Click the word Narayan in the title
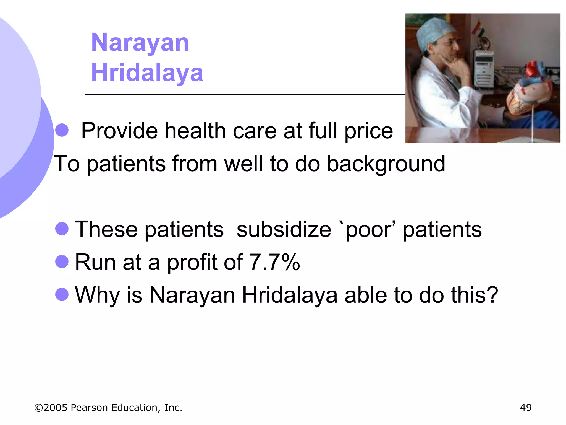[x=140, y=43]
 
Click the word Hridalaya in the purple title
[x=147, y=72]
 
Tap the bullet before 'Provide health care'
[x=62, y=130]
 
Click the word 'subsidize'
[x=284, y=229]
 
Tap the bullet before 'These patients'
[x=62, y=229]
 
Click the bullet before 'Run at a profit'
[x=62, y=261]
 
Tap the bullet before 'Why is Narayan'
[x=62, y=294]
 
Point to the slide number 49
[x=526, y=408]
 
